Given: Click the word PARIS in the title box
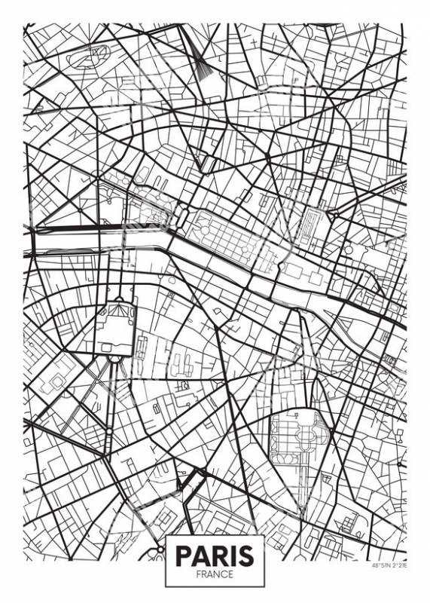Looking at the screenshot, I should point(215,556).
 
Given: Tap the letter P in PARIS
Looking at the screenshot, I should point(184,556).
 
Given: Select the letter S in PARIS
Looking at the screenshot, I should point(245,556).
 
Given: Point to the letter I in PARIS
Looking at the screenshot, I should point(231,556).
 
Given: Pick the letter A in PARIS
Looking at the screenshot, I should point(200,556).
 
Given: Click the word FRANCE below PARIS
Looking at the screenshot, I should point(215,574).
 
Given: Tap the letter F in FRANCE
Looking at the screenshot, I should point(198,574).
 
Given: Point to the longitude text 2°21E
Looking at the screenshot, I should point(397,565).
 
